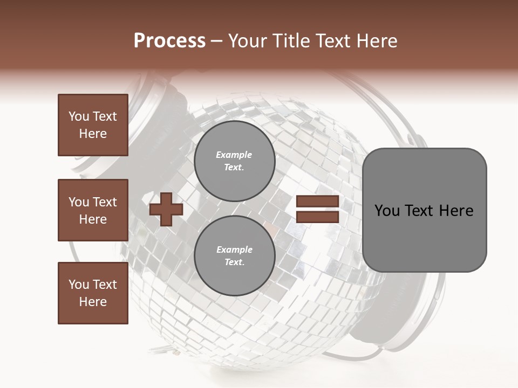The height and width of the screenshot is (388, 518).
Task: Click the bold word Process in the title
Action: [169, 41]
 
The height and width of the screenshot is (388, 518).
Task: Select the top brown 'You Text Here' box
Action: [93, 125]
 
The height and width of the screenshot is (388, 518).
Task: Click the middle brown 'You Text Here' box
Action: [93, 210]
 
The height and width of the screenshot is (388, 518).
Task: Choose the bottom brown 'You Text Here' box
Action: [93, 293]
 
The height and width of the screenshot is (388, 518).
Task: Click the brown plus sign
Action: [166, 210]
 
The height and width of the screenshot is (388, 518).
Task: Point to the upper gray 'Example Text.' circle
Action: [234, 161]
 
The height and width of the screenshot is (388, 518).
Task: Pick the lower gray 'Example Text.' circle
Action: [234, 255]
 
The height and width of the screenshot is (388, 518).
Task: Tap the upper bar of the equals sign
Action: [317, 202]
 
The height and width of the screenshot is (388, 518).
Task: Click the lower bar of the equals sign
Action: [317, 217]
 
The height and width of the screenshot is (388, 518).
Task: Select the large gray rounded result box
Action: [424, 210]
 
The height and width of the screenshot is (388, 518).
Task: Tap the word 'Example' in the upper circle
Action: [234, 155]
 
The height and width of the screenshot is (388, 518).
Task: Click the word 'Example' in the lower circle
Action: [234, 250]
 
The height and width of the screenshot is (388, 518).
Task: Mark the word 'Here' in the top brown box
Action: [93, 134]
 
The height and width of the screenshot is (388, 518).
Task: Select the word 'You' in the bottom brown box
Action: [79, 285]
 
